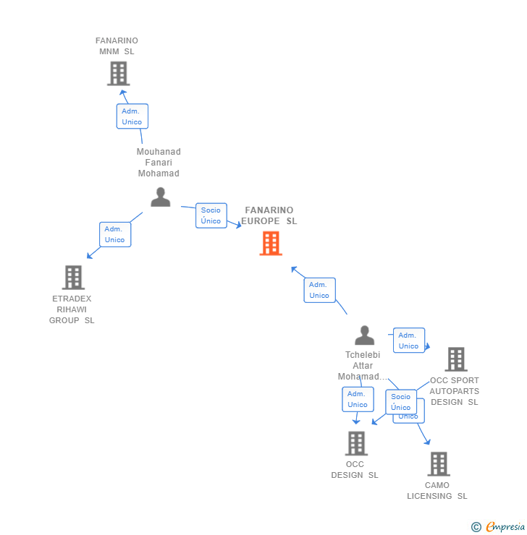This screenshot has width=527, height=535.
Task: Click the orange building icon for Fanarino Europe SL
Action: point(271,244)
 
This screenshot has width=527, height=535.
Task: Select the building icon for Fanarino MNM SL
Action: point(118,74)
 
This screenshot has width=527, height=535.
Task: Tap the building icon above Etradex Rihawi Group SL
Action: point(73,278)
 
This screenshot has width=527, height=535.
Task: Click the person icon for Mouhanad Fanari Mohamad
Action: point(160,197)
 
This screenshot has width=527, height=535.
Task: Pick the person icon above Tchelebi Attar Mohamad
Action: point(365,335)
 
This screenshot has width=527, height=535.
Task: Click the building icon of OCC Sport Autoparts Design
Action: point(456,359)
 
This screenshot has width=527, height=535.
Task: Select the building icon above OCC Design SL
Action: point(356,443)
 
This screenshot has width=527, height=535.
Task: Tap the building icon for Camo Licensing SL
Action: point(439,464)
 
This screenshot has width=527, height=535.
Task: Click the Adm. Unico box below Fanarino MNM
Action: point(132,116)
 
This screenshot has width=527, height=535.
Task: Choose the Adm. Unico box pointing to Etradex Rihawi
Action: point(115,234)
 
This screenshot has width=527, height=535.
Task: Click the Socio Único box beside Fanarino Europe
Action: point(211,215)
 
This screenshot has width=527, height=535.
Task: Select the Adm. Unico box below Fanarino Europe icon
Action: point(319,290)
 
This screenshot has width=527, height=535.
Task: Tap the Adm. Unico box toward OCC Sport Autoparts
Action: point(409,341)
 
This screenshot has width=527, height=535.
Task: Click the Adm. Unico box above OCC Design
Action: point(358,399)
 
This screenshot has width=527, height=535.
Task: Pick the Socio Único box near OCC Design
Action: point(401,401)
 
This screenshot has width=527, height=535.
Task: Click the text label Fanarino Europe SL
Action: point(270,216)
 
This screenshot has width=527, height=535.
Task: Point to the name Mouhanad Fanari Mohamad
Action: point(159,163)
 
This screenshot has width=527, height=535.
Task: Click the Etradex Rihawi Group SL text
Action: point(72,309)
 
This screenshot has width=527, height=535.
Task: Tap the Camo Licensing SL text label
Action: point(437,491)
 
